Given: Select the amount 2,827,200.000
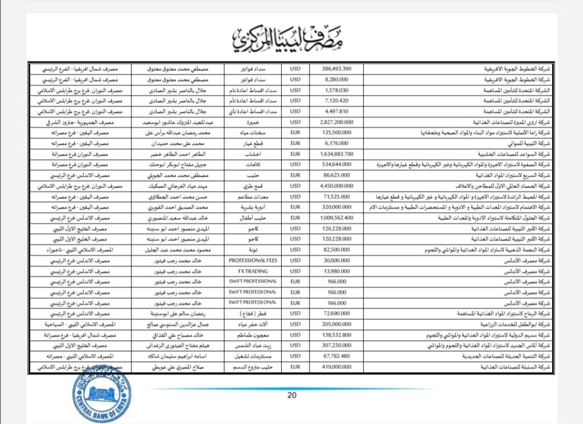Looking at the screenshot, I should [336, 122].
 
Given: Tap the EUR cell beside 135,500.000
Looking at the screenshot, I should [295, 132].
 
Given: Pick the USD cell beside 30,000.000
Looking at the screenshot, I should [295, 260].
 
